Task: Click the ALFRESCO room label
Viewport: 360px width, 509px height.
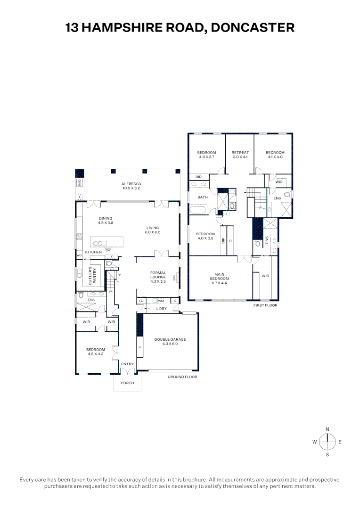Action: pos(131,186)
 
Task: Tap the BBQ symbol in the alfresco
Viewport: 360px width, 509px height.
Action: pos(79,183)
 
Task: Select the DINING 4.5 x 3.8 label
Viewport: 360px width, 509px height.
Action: pos(105,220)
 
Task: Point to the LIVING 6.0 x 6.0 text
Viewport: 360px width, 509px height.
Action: pos(153,230)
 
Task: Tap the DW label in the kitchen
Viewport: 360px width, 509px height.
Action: pos(108,250)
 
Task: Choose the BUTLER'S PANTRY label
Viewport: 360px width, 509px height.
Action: pos(94,275)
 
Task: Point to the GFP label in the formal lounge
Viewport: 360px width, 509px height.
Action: pos(175,278)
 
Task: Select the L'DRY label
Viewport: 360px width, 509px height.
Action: pos(162,308)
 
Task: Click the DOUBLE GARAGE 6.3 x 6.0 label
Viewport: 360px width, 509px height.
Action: pos(170,341)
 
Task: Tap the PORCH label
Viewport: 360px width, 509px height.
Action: pos(127,383)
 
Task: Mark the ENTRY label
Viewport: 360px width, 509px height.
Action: pos(127,364)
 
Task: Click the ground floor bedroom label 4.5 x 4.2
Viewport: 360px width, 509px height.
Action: pos(96,352)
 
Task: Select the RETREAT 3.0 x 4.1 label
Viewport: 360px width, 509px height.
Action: pos(240,155)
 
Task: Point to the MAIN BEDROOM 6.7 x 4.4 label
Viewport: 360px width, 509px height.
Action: pos(220,279)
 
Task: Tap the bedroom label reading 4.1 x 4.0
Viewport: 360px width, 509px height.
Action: pos(275,155)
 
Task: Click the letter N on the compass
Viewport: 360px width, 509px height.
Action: pos(327,429)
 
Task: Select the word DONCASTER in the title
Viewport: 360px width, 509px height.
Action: pos(253,28)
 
